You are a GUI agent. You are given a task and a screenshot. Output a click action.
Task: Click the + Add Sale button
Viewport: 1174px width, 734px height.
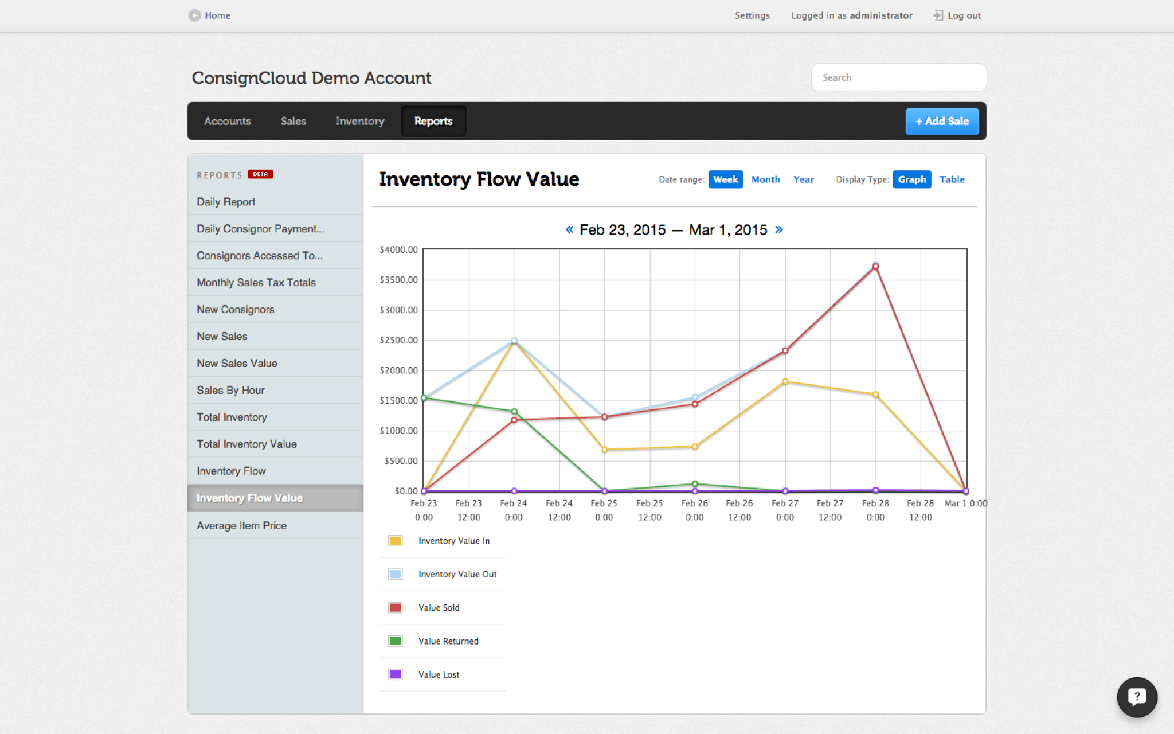[941, 121]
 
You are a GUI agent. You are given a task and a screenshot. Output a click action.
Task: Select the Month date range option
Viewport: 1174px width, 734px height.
[765, 179]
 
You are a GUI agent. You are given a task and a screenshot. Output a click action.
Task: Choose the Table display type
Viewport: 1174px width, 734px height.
[952, 179]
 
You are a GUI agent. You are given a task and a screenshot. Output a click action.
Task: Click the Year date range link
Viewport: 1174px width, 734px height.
[803, 179]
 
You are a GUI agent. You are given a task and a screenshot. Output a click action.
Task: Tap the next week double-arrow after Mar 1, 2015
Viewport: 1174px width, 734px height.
[778, 229]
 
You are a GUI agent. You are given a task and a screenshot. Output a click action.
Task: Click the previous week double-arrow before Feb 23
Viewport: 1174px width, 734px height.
[569, 229]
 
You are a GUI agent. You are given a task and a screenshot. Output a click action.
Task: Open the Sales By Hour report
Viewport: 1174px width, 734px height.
[230, 390]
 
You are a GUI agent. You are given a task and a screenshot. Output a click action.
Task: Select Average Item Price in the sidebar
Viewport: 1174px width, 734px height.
[241, 525]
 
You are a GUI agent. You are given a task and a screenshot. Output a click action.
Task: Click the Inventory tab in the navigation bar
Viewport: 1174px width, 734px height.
[359, 121]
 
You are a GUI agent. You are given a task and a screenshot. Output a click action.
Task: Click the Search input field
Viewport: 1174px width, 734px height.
[898, 77]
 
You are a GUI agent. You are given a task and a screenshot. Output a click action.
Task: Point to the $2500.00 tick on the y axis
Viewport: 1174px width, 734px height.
[399, 340]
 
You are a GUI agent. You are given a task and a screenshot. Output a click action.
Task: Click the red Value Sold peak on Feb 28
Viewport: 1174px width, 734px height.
[875, 267]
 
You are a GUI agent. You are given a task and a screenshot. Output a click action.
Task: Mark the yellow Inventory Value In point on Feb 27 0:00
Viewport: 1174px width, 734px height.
[785, 381]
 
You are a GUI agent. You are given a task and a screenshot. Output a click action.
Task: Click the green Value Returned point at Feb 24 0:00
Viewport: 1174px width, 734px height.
[514, 411]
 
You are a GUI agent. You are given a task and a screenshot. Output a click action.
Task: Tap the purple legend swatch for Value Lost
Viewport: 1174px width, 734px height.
[395, 674]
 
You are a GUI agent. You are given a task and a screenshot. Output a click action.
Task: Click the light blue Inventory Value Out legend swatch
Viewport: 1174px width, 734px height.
[395, 574]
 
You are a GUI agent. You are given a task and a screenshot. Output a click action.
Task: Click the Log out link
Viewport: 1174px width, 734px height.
[963, 15]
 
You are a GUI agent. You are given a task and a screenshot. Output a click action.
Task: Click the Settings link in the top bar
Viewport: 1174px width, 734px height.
[752, 15]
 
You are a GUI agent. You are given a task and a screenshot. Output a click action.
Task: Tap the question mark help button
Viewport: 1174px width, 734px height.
[1136, 697]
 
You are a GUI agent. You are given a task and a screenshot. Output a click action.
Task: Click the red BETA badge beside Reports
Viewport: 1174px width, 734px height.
[260, 174]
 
